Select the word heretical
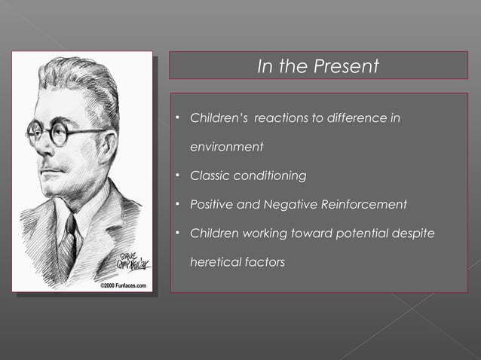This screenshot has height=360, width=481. coord(216,262)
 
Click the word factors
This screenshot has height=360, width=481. coord(265,262)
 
